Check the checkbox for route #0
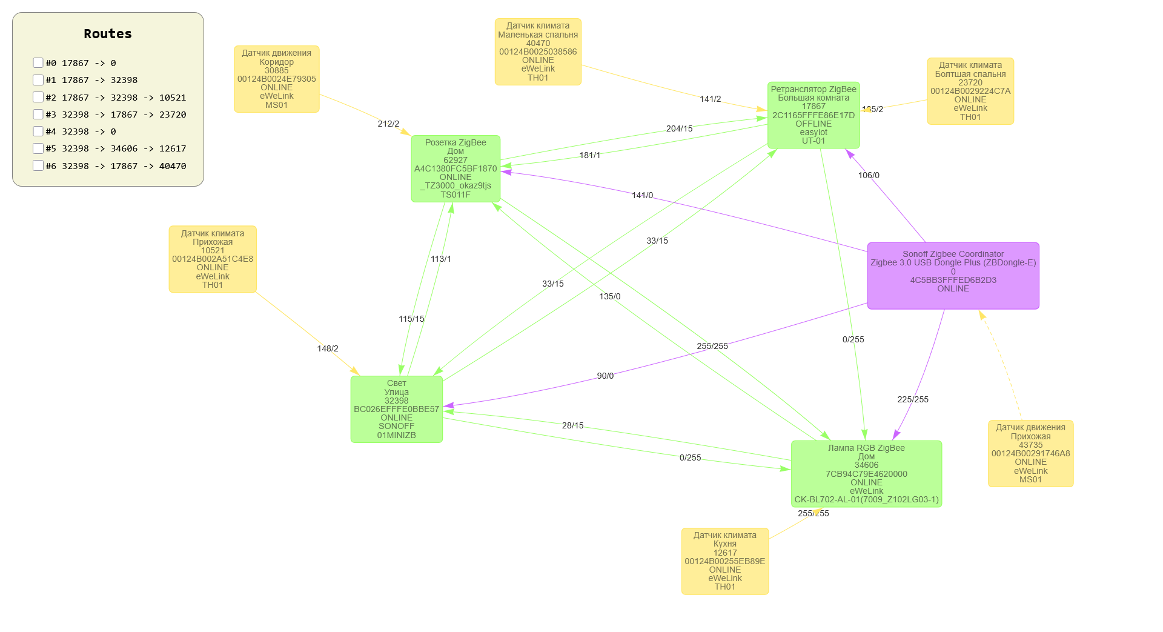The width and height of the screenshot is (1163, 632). point(38,63)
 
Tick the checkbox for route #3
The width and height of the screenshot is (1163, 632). point(38,115)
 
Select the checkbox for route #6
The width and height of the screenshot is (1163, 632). point(38,166)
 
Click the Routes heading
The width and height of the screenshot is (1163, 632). point(108,34)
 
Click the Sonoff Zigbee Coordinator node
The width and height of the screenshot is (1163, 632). point(953,276)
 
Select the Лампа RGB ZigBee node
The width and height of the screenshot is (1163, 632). point(866,474)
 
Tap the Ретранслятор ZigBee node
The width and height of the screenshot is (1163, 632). point(813,115)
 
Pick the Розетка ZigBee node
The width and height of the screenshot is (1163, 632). point(456,168)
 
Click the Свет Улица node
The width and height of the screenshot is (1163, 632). point(396,409)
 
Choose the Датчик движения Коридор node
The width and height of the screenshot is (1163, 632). point(277,79)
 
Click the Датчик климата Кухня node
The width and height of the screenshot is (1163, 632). point(725,561)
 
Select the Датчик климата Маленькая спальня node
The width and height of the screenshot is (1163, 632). point(538,52)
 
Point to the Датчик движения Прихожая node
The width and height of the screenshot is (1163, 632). point(1030,453)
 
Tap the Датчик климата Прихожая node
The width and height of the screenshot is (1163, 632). point(213,259)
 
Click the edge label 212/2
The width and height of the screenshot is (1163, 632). point(388,124)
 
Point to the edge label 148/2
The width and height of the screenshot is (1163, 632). point(328,348)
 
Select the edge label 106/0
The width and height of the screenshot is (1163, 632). point(869,175)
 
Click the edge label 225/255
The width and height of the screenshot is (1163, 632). point(913,399)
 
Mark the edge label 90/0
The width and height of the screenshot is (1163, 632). point(605,376)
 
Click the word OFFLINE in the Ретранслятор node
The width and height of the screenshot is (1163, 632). point(813,124)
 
